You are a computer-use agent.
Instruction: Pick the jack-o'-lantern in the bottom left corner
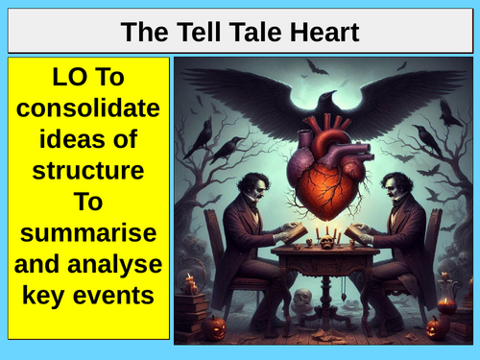click(x=214, y=326)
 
